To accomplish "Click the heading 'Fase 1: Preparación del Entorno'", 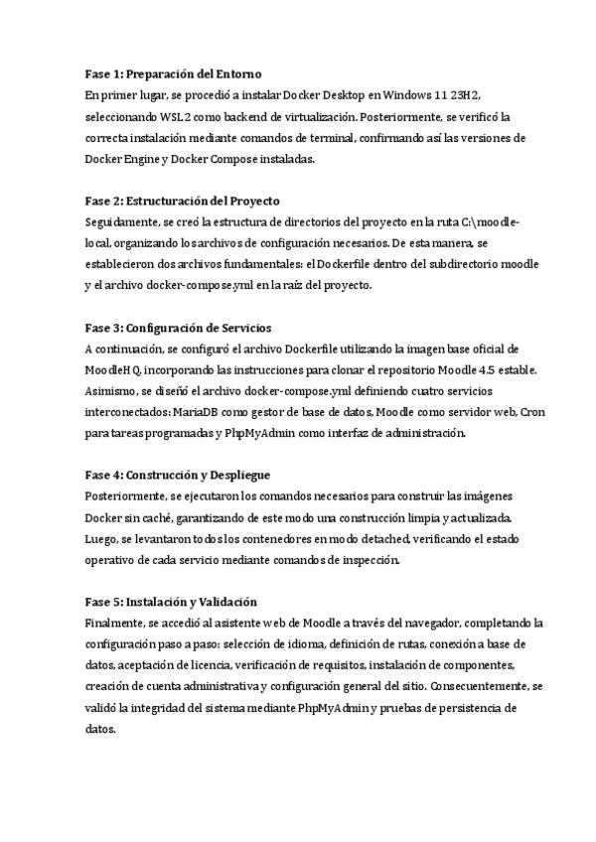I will pos(173,74).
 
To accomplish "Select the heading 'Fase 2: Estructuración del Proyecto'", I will pos(182,201).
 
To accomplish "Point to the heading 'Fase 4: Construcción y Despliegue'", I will pos(178,475).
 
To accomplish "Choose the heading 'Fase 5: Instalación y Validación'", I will pos(171,602).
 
